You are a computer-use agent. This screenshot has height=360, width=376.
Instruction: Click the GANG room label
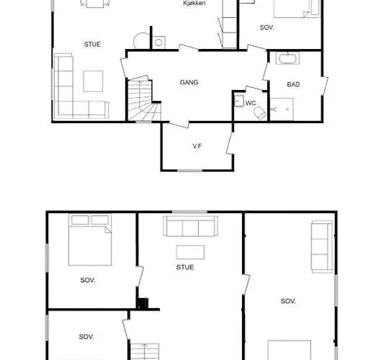pos(189,82)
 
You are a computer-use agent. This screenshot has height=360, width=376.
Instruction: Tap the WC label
pos(251,103)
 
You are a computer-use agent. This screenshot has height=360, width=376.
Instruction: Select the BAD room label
pos(293,84)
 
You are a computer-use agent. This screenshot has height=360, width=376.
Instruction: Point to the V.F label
pos(197,146)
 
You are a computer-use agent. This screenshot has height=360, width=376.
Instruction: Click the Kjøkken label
pos(194,3)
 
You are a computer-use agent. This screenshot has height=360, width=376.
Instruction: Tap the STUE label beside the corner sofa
pos(92,44)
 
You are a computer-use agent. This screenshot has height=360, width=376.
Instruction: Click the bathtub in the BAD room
pos(287,58)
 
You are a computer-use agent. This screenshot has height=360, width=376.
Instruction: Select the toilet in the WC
pos(260,113)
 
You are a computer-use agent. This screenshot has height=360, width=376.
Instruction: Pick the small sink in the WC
pos(238,101)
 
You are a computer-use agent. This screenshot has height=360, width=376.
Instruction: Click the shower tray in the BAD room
pos(282,109)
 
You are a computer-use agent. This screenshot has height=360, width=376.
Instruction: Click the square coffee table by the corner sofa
pos(93,81)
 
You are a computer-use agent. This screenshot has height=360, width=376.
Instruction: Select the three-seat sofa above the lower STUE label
pos(190,226)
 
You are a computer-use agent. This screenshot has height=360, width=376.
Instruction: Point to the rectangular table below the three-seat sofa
pos(190,252)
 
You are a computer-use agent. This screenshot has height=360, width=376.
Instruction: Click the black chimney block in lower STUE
pos(143,304)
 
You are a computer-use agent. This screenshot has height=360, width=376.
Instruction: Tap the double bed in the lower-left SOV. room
pos(90,240)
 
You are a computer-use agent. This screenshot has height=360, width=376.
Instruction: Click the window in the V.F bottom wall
pos(189,171)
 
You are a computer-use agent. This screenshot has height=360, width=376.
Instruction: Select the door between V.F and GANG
pos(179,125)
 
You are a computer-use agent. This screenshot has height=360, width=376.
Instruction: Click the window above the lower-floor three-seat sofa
pos(189,212)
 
